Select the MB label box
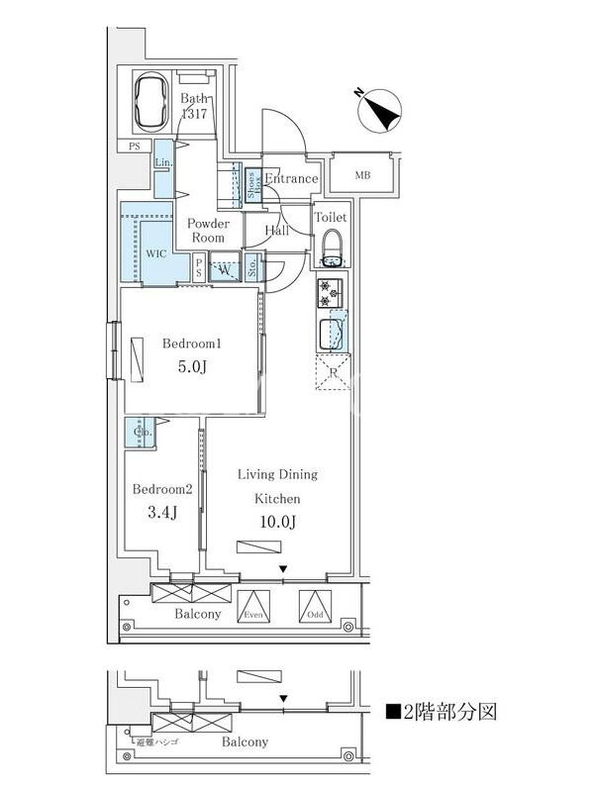click(x=363, y=176)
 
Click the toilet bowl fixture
click(x=332, y=247)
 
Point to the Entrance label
click(x=291, y=179)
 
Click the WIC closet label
click(x=156, y=253)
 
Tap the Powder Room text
click(x=209, y=231)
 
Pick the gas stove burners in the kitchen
click(x=330, y=293)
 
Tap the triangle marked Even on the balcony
click(x=255, y=605)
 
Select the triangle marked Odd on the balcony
click(x=315, y=605)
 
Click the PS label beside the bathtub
click(x=135, y=147)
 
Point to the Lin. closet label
click(x=164, y=162)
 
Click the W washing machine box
click(x=225, y=268)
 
